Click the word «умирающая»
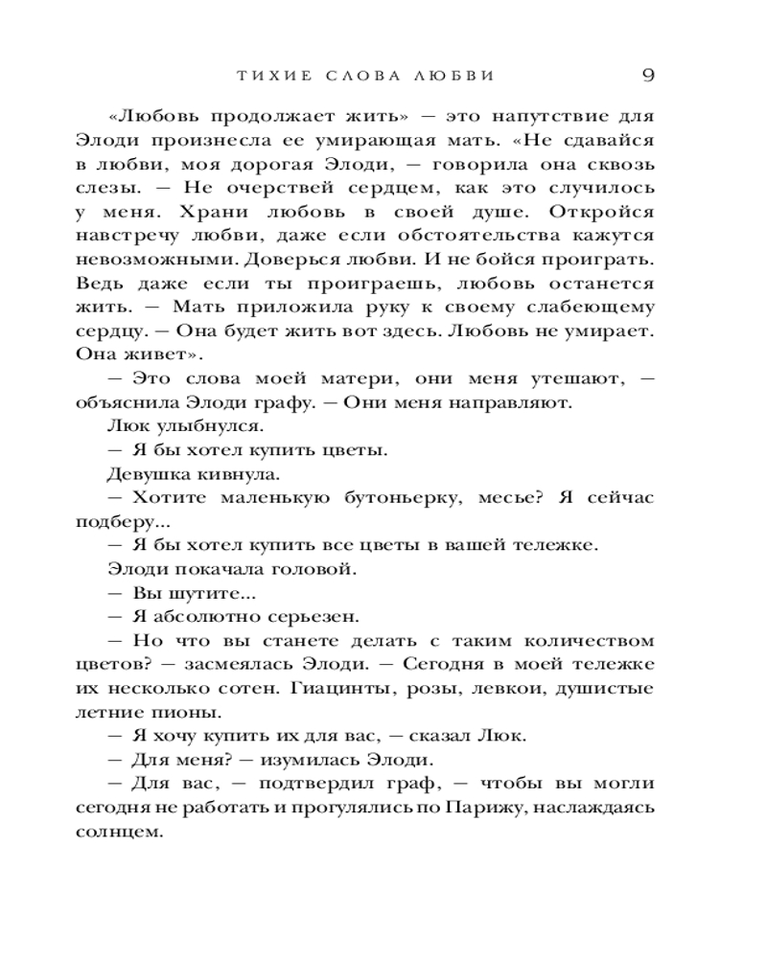367,141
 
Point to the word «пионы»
173,712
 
